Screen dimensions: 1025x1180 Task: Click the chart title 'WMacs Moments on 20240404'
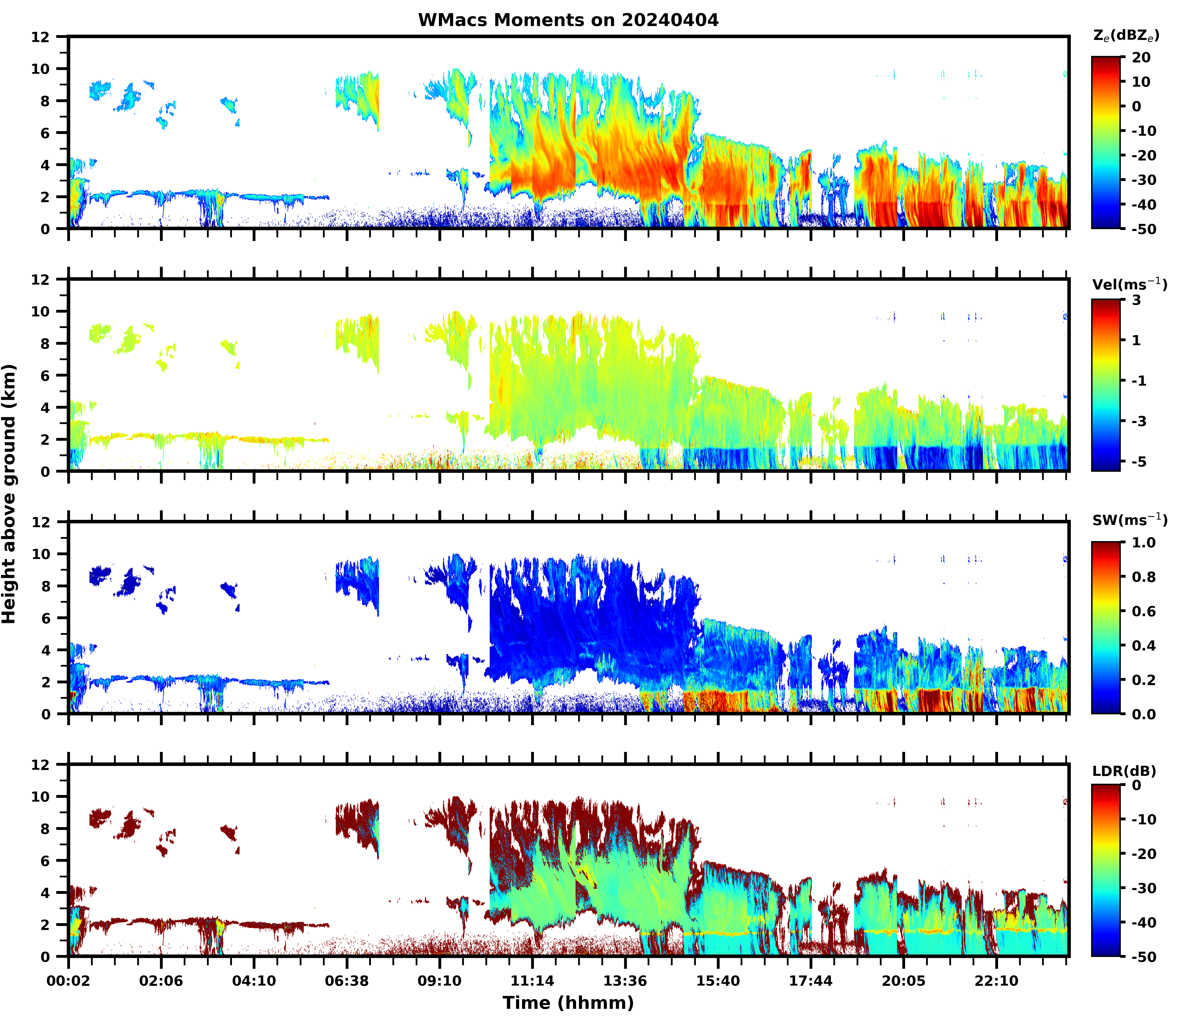click(568, 20)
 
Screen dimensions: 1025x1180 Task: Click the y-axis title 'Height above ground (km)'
click(9, 494)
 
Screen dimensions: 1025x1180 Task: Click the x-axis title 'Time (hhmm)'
click(568, 1003)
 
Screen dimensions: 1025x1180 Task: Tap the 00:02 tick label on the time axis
click(69, 981)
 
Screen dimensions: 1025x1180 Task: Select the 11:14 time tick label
click(532, 981)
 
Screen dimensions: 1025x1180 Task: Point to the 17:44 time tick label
click(811, 981)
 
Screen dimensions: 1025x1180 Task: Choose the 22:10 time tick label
click(996, 981)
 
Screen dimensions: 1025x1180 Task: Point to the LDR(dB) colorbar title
click(1124, 771)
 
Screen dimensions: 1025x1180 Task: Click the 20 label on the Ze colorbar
click(1141, 58)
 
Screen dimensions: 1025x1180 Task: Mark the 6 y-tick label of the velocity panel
click(46, 376)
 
